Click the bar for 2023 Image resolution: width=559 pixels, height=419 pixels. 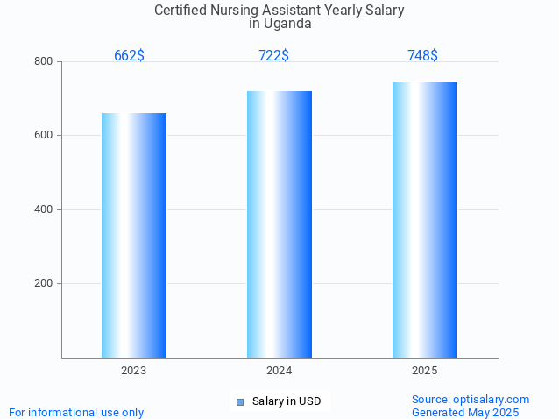(134, 235)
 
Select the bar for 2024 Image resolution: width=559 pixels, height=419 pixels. (279, 224)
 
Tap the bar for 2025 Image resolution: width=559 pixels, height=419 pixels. (425, 219)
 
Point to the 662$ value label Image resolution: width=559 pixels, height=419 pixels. (129, 56)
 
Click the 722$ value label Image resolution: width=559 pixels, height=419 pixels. (273, 56)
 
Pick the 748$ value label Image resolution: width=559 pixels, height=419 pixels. (422, 56)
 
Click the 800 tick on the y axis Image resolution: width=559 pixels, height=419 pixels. (43, 61)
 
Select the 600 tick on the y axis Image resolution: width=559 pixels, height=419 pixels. (43, 136)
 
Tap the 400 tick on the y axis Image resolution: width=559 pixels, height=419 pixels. (43, 209)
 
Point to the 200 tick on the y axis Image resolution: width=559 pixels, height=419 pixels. (43, 284)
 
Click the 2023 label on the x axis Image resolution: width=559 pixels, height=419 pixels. (134, 371)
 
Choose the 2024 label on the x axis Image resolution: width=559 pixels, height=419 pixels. (279, 371)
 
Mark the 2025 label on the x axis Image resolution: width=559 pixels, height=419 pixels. (425, 371)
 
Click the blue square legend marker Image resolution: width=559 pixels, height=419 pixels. (239, 402)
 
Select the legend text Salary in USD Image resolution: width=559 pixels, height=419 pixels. (286, 401)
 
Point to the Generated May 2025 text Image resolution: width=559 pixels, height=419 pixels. (465, 412)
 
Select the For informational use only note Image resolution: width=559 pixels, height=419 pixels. (76, 412)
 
